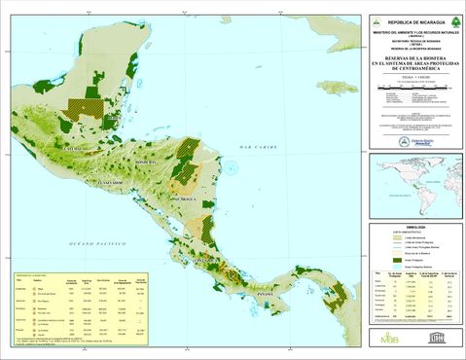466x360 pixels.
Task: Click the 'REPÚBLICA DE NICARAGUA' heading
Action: pyautogui.click(x=408, y=21)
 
